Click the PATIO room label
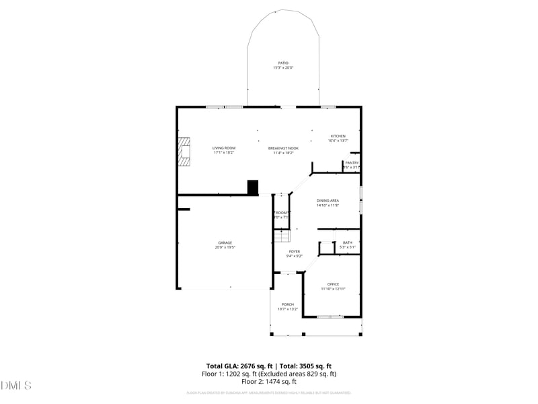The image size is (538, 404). tap(283, 63)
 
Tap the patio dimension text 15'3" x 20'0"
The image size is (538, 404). tap(283, 67)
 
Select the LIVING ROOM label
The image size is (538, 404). tap(224, 148)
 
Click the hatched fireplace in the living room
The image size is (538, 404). tap(184, 151)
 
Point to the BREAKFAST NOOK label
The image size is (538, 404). tap(283, 148)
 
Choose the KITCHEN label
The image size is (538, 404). tap(338, 136)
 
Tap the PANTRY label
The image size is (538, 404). tap(352, 162)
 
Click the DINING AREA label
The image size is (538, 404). tap(328, 201)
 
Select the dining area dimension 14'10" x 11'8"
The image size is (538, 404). tap(328, 205)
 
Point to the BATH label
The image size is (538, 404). tap(347, 242)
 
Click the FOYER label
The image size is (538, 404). tap(295, 251)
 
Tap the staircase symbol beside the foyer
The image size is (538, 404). tap(281, 237)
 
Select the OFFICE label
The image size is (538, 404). tap(333, 284)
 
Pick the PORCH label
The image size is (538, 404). tap(288, 304)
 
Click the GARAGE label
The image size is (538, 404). tap(225, 242)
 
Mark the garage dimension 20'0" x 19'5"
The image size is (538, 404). tap(225, 247)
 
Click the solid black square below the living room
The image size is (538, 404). tap(253, 187)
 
